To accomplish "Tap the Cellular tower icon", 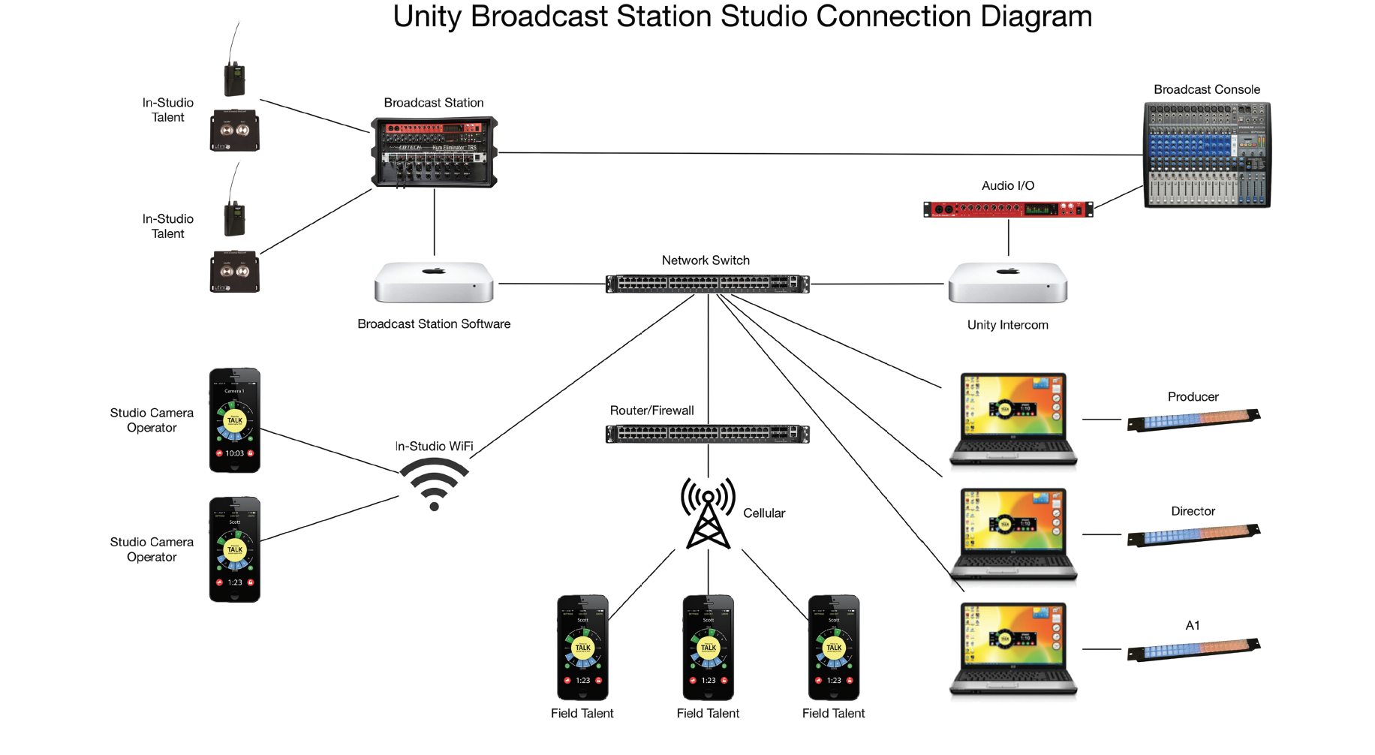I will [708, 514].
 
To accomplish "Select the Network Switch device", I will [707, 284].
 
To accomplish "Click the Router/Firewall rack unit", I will [707, 434].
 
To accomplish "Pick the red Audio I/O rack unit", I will [1007, 209].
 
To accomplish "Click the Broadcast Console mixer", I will [1206, 155].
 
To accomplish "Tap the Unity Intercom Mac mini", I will [1007, 283].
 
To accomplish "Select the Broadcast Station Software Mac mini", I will [434, 283].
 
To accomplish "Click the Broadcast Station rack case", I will [434, 152].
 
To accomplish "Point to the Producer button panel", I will [1193, 420].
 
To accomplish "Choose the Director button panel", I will [1193, 534].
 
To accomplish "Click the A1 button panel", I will [1193, 649].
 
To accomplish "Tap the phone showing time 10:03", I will [234, 420].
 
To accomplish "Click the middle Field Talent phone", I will [708, 648].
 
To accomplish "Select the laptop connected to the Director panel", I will [1013, 534].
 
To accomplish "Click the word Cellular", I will [763, 513].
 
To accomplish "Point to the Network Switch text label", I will [706, 260].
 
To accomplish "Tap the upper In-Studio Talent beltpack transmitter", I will [234, 77].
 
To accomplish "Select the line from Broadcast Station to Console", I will [818, 154].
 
